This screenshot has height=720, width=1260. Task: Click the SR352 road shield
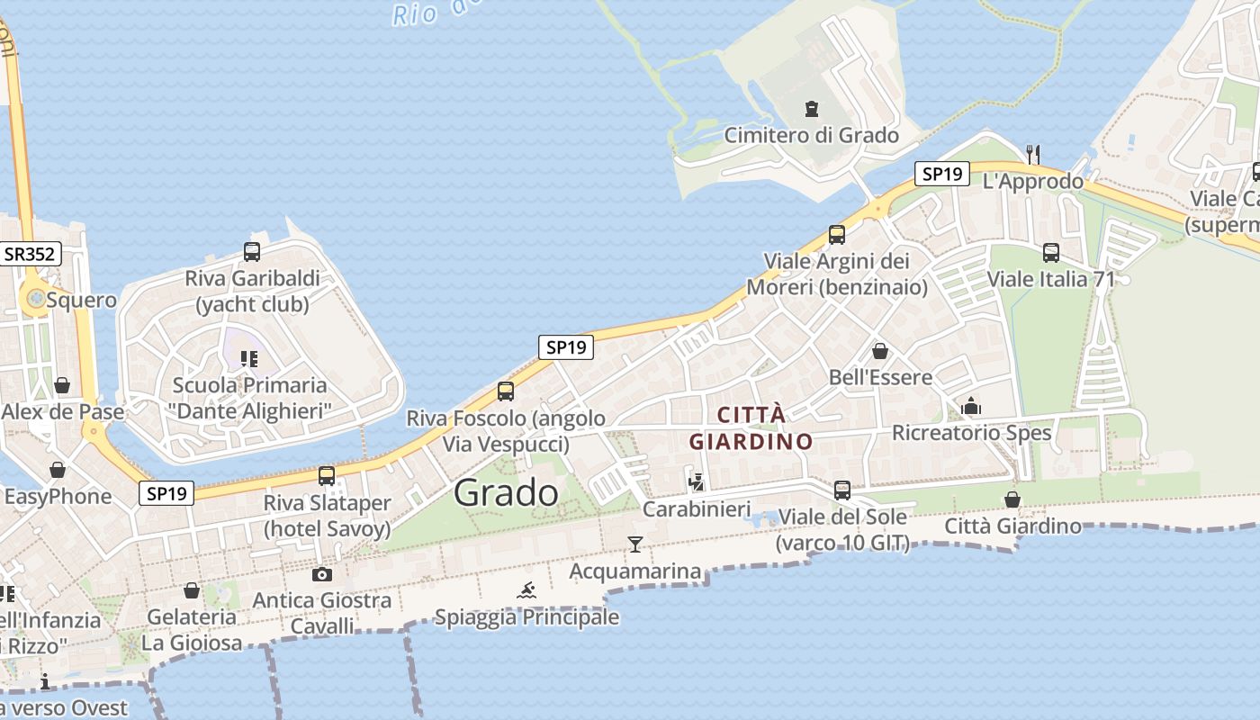pyautogui.click(x=30, y=254)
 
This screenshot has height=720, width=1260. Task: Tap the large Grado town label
pyautogui.click(x=506, y=492)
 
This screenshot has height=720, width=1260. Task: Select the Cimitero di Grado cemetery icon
pyautogui.click(x=812, y=110)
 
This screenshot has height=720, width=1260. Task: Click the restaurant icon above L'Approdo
pyautogui.click(x=1033, y=154)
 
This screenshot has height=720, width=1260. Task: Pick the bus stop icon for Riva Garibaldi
pyautogui.click(x=252, y=252)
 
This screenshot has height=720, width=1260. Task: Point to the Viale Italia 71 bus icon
pyautogui.click(x=1051, y=253)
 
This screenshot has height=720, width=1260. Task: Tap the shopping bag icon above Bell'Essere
pyautogui.click(x=880, y=351)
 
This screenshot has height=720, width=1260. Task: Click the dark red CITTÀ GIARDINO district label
pyautogui.click(x=751, y=428)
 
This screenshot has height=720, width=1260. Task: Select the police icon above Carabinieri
pyautogui.click(x=696, y=482)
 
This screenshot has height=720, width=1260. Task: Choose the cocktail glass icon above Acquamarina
pyautogui.click(x=635, y=544)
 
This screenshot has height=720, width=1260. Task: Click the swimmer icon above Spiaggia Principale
pyautogui.click(x=527, y=590)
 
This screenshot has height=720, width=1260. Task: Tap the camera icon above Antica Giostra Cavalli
pyautogui.click(x=322, y=574)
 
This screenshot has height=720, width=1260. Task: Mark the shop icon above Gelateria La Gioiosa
pyautogui.click(x=192, y=590)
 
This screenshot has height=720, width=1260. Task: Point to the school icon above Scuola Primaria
pyautogui.click(x=249, y=359)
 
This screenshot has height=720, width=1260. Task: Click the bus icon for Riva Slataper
pyautogui.click(x=327, y=476)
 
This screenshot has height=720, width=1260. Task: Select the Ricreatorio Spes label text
pyautogui.click(x=971, y=433)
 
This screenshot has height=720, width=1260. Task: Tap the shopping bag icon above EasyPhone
pyautogui.click(x=58, y=470)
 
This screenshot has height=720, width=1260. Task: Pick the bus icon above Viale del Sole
pyautogui.click(x=842, y=490)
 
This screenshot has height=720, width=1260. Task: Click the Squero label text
pyautogui.click(x=81, y=300)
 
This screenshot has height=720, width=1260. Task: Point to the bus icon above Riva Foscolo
pyautogui.click(x=506, y=391)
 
